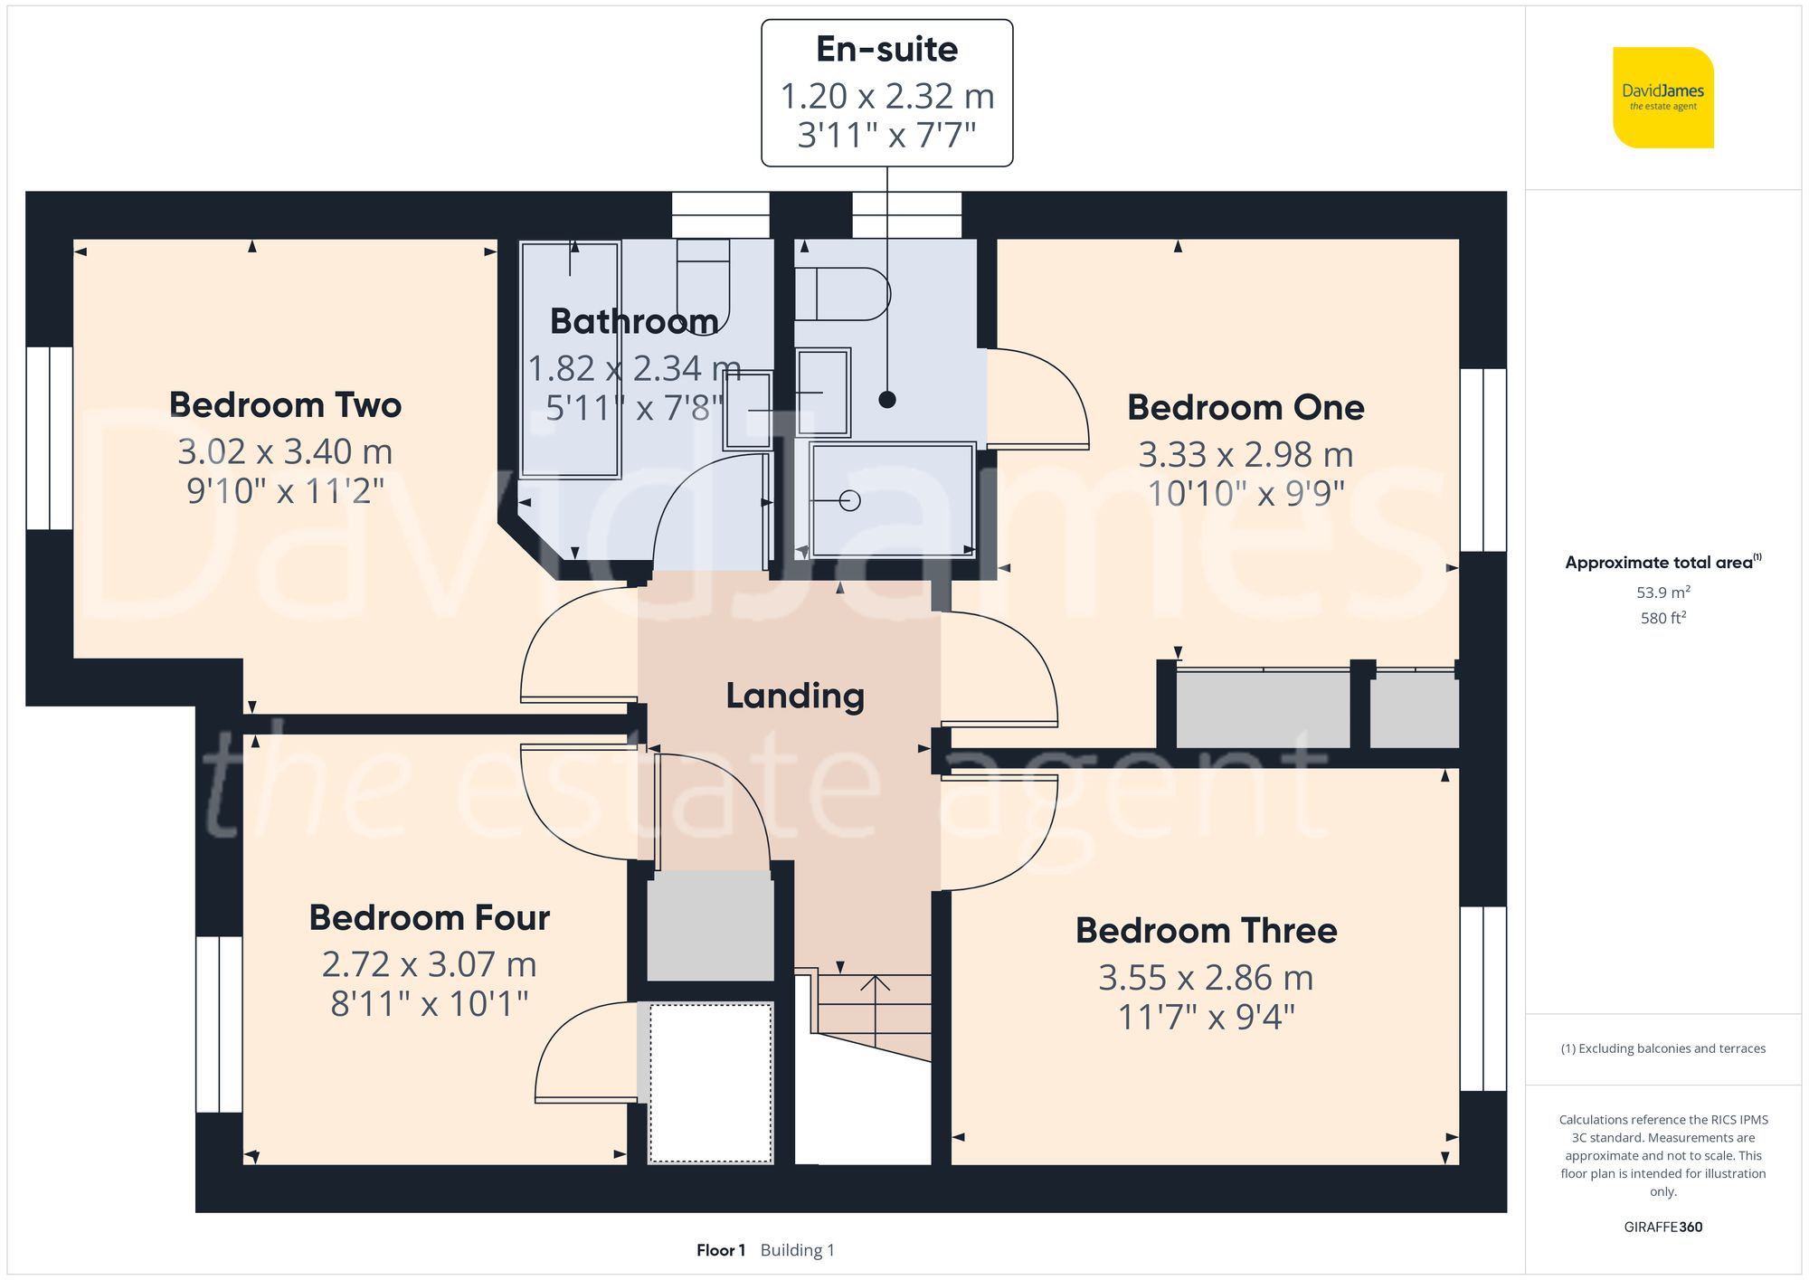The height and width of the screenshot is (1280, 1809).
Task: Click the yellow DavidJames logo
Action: click(1662, 98)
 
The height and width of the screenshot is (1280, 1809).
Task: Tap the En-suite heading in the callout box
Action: click(886, 49)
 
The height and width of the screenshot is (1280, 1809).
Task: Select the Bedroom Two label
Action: click(285, 405)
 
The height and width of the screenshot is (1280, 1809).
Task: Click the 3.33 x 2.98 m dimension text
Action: click(1245, 454)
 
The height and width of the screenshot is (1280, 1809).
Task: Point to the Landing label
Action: click(795, 696)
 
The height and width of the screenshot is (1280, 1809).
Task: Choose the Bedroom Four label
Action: click(429, 917)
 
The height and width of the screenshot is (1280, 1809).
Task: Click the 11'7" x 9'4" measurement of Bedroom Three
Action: click(1206, 1018)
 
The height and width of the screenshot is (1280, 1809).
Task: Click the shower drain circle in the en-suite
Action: click(849, 500)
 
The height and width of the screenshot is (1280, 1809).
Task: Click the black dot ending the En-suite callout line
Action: click(887, 399)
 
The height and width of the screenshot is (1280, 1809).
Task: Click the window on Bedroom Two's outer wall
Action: click(49, 438)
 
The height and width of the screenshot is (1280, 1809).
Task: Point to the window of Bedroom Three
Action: click(1483, 998)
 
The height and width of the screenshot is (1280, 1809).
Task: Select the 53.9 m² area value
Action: click(1662, 593)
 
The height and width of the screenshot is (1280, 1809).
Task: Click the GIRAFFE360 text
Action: click(1662, 1228)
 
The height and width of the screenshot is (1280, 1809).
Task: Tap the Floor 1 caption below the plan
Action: click(721, 1250)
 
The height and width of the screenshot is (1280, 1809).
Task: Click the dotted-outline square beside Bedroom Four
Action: click(711, 1083)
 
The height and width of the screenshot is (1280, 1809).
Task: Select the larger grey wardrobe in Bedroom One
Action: click(1263, 709)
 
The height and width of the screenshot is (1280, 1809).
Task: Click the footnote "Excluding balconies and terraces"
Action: click(1662, 1048)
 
